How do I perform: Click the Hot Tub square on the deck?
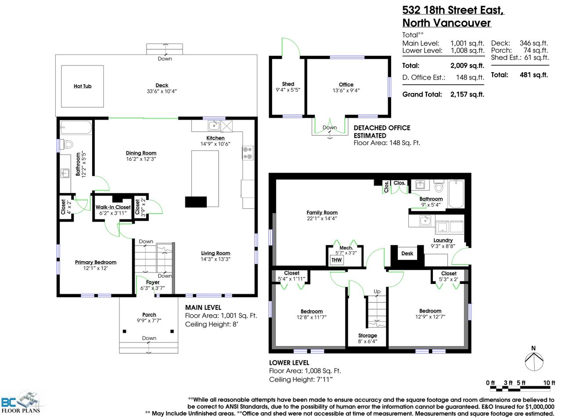(83, 86)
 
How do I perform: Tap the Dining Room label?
(141, 153)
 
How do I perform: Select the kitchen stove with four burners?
(248, 153)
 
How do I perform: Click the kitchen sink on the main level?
(214, 125)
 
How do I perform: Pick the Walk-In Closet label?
(113, 207)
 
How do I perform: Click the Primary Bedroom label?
(96, 262)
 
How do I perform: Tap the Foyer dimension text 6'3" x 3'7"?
(152, 288)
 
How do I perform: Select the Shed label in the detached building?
(288, 84)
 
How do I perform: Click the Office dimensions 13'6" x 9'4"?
(346, 90)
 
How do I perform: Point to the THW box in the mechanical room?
(336, 260)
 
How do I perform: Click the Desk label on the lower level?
(407, 253)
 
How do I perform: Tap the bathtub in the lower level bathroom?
(456, 194)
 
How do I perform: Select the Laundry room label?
(443, 240)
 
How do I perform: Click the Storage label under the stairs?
(367, 335)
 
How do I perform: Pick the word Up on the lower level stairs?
(377, 291)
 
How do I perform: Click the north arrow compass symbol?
(534, 361)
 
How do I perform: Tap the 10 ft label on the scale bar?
(549, 383)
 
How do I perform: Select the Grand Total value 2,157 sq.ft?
(467, 95)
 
